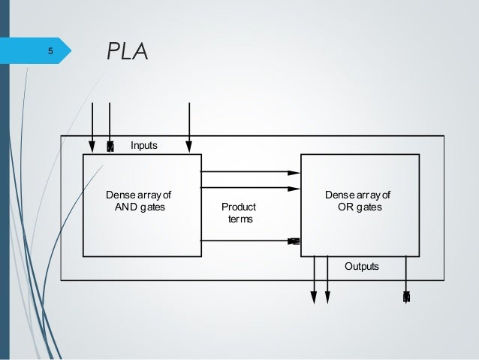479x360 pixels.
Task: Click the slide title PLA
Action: [128, 52]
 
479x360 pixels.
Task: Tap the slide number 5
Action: [50, 52]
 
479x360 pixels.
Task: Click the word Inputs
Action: [144, 144]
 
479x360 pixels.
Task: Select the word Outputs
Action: [361, 267]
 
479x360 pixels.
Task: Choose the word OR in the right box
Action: [347, 207]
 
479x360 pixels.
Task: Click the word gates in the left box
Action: [152, 207]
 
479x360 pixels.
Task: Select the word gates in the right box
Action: [369, 207]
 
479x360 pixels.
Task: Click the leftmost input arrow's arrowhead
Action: [92, 146]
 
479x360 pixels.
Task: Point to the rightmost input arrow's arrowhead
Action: [189, 146]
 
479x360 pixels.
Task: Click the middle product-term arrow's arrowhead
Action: [295, 187]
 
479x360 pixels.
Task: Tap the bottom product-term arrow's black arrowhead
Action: [294, 241]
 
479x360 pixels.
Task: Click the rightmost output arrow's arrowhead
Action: [406, 298]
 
